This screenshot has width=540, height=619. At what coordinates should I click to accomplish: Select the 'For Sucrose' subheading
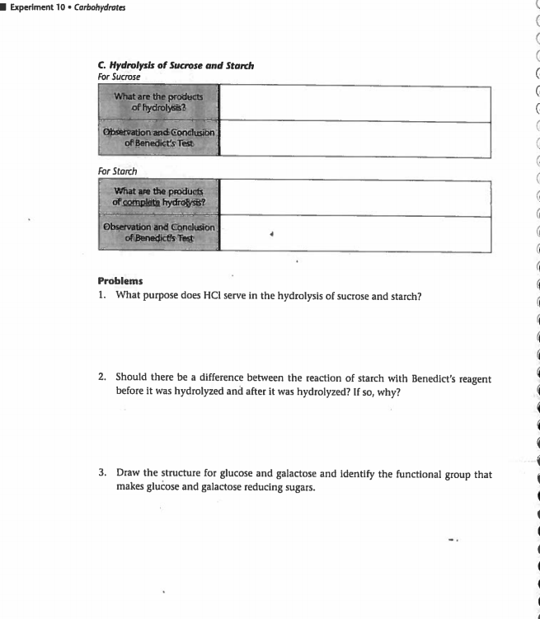[118, 77]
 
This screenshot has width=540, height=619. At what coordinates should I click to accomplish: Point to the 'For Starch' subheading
[117, 171]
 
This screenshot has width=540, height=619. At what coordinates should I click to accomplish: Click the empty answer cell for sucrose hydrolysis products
[355, 103]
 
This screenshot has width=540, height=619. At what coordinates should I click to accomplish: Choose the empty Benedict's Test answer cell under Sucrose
[355, 138]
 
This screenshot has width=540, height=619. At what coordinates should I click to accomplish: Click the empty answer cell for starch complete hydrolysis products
[355, 198]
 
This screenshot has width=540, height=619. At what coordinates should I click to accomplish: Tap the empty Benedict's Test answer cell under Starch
[355, 233]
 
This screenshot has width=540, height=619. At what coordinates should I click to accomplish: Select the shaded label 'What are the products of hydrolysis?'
[158, 103]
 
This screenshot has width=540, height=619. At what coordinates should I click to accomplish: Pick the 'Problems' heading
[120, 281]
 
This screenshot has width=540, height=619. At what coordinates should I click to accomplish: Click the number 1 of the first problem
[101, 295]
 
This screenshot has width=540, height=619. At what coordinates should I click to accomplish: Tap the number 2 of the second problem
[101, 378]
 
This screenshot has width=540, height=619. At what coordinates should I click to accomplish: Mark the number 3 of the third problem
[101, 474]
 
